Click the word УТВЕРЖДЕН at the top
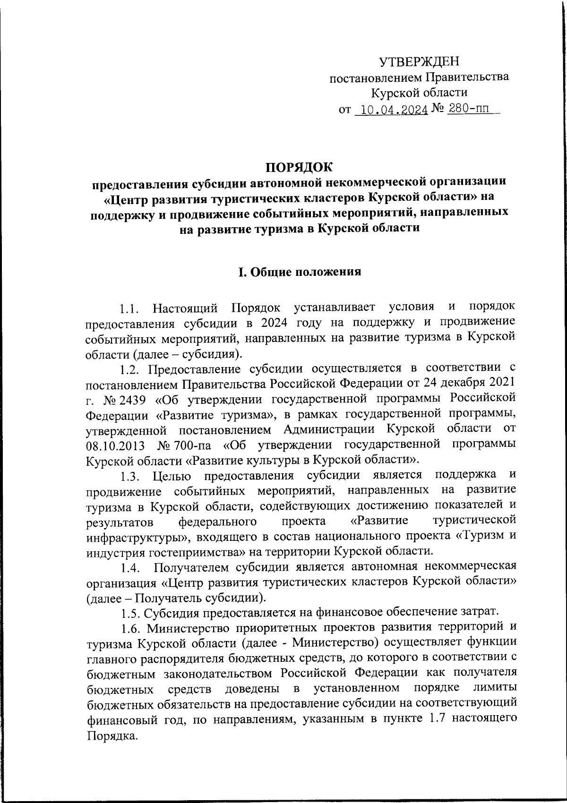[419, 61]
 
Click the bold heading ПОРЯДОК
[298, 167]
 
